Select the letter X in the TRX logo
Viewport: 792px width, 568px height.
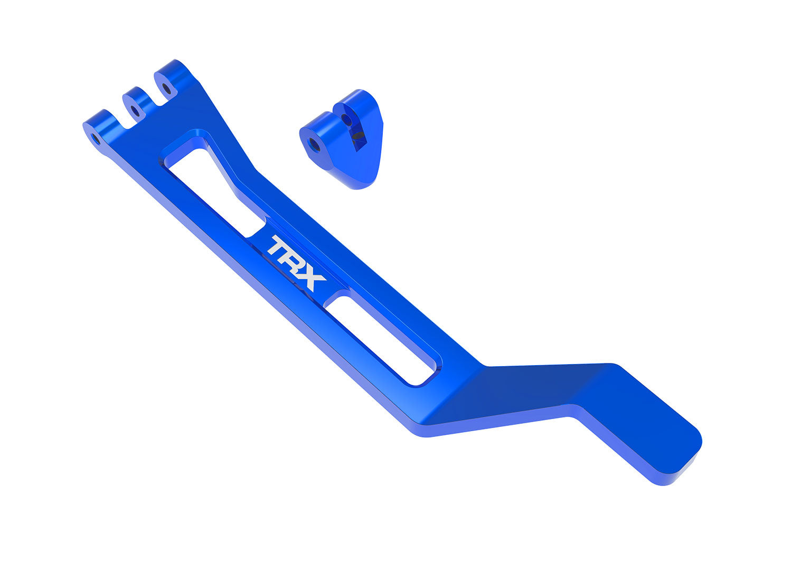pos(312,279)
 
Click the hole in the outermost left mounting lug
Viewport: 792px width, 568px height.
pos(96,138)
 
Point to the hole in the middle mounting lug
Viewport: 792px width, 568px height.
pos(135,111)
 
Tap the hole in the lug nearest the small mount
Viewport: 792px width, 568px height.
pos(166,88)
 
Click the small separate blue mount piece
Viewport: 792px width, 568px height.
pos(343,140)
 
